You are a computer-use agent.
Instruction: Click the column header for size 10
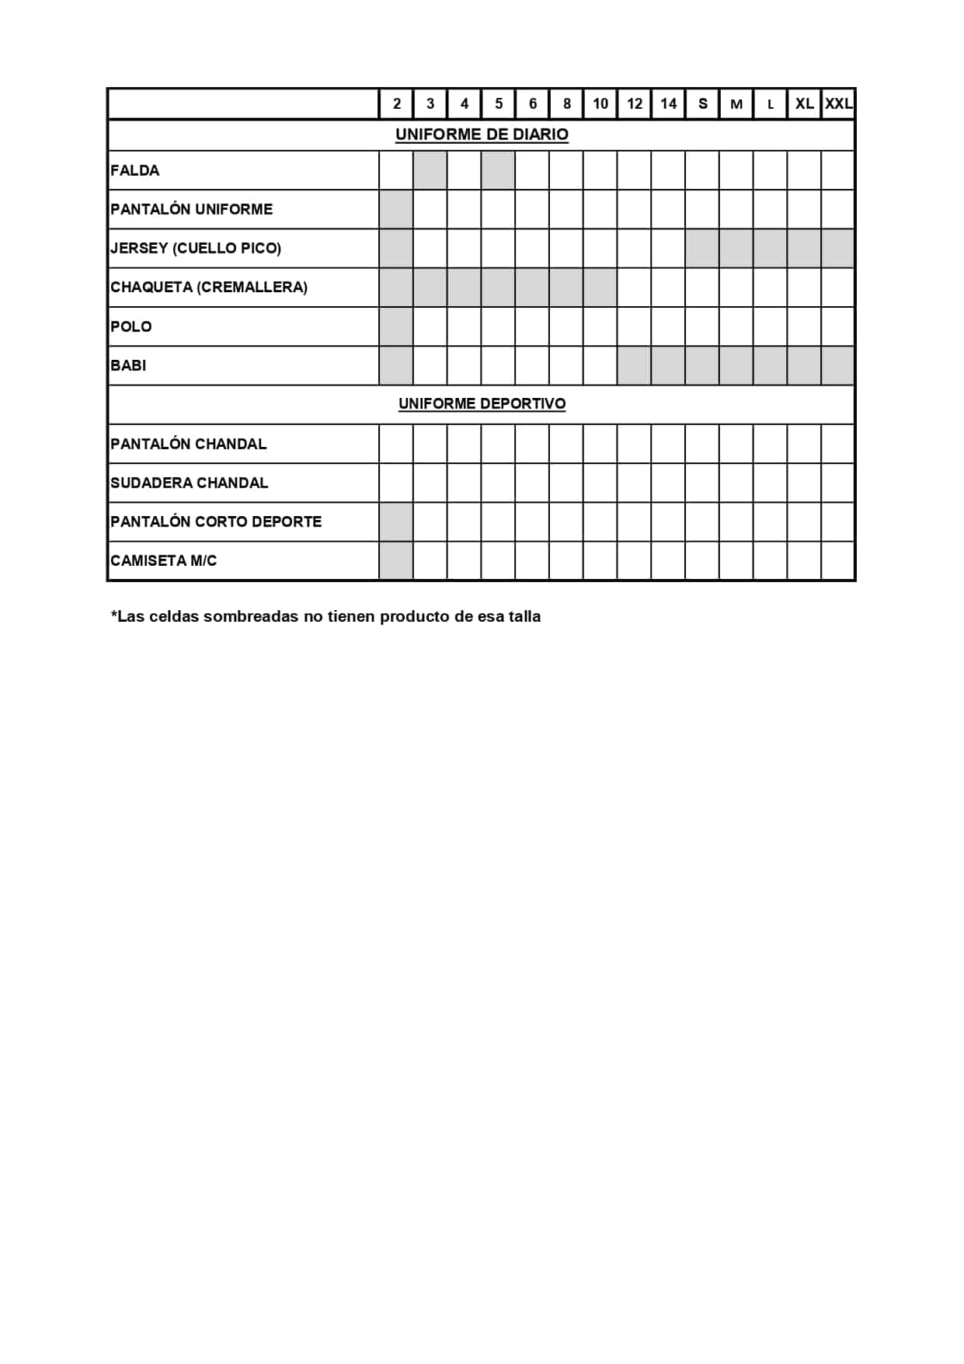pos(600,103)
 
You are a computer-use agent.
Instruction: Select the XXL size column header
pos(838,103)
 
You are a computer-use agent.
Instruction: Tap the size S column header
pos(703,103)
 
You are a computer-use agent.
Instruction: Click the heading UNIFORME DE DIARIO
pos(482,134)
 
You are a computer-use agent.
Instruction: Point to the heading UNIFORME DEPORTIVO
pos(482,403)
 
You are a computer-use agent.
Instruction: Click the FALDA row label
pos(135,170)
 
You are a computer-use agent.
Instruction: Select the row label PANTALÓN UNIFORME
pos(192,209)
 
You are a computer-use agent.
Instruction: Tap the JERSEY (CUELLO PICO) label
pos(196,248)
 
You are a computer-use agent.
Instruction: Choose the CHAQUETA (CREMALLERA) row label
pos(209,287)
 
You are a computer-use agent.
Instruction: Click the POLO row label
pos(131,326)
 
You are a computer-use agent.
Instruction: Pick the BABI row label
pos(128,365)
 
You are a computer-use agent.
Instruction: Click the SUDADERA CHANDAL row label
pos(190,483)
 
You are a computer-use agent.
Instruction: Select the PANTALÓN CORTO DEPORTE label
pos(216,522)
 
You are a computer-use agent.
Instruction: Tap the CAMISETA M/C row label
pos(164,560)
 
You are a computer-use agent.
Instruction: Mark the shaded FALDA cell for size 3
pos(430,170)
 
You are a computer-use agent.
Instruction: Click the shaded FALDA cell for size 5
pos(498,170)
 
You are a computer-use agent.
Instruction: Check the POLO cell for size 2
pos(396,326)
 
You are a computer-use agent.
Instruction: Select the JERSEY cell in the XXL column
pos(838,248)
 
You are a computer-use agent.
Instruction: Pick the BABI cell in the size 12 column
pos(635,365)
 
